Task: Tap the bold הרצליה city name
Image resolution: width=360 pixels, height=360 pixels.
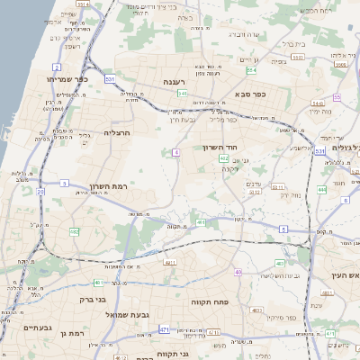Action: tap(118, 132)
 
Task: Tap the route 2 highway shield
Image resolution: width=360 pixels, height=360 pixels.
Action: tap(57, 67)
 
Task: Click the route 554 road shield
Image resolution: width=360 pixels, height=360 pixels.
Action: tap(251, 69)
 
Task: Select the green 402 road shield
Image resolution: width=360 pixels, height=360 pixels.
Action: tap(223, 158)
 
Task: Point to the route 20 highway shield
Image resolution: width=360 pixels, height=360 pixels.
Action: tap(40, 192)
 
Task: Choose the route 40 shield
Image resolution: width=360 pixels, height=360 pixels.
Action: tap(238, 272)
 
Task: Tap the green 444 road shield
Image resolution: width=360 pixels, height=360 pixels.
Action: tap(321, 190)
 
